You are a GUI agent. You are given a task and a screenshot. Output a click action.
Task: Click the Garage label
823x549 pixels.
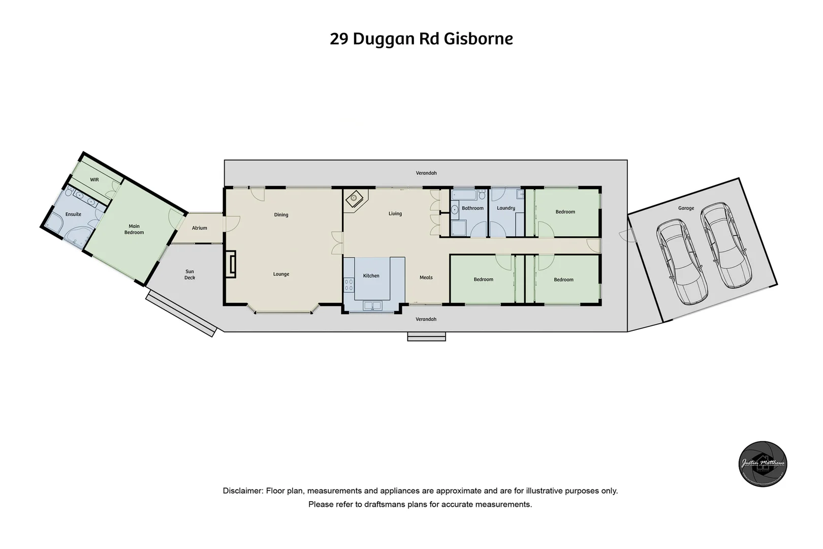point(686,208)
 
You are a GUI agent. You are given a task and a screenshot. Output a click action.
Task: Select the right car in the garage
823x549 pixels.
point(725,245)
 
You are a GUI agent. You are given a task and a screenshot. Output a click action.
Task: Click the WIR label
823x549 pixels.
point(94,180)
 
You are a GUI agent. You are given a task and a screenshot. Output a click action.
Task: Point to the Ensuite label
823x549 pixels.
point(73,214)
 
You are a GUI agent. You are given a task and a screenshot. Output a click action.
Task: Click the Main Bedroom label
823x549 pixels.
point(134,229)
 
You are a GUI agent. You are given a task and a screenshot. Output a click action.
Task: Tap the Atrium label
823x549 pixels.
point(199,228)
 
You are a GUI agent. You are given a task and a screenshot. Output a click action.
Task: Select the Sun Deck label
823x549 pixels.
point(189,274)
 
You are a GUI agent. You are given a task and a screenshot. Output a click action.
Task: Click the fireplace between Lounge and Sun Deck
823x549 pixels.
point(231,264)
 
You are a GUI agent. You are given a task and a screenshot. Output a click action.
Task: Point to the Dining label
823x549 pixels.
point(281,215)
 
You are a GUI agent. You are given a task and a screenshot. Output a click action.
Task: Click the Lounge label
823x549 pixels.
point(281,274)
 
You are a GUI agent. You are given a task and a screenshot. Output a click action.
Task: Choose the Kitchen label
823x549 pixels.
point(371,276)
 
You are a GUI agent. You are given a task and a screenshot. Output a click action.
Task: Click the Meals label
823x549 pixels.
point(426,278)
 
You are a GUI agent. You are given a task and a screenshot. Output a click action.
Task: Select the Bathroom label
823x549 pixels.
point(472,208)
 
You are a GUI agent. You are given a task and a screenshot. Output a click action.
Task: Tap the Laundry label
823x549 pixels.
point(506,208)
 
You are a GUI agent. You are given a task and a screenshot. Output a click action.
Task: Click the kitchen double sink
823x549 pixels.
point(372,306)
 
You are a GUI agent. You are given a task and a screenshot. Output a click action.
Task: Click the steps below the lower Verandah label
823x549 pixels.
point(426,336)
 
